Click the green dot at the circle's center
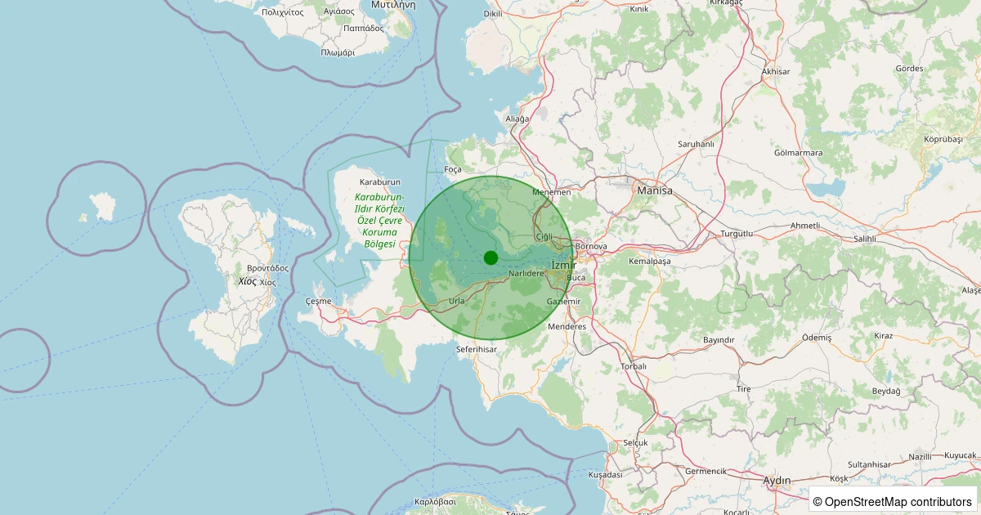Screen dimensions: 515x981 click(490, 257)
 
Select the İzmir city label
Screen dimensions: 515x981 click(564, 265)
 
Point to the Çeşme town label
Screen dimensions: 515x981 click(318, 301)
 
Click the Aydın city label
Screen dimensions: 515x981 click(776, 480)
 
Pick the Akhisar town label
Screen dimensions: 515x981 click(776, 72)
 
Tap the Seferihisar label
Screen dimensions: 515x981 click(476, 349)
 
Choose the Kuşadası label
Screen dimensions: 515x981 click(605, 474)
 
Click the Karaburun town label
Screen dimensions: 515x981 click(379, 181)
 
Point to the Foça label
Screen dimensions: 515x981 click(452, 169)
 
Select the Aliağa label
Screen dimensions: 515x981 click(517, 119)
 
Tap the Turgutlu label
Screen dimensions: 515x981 click(736, 234)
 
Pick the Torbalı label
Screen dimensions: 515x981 click(634, 366)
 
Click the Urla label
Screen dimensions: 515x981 click(457, 301)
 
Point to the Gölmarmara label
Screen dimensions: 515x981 click(798, 153)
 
